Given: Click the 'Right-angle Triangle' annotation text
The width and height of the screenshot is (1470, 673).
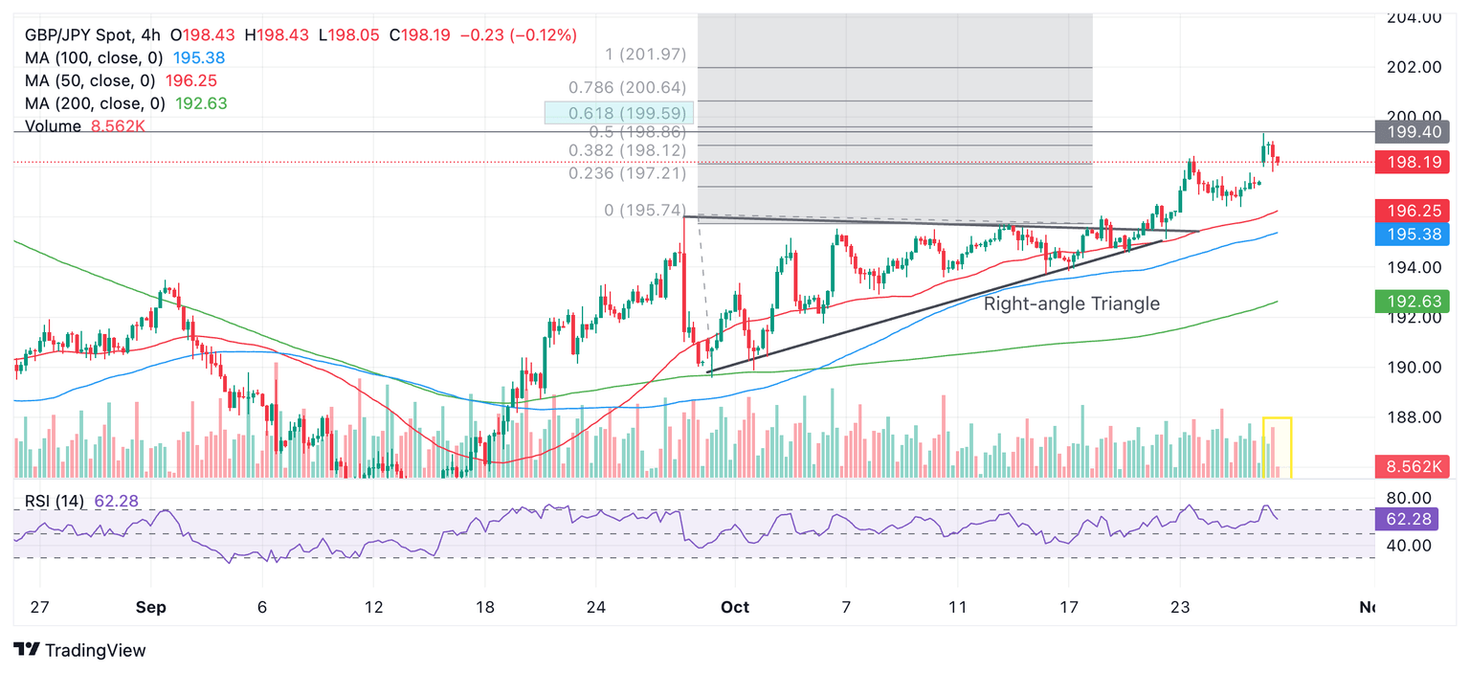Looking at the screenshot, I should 1072,303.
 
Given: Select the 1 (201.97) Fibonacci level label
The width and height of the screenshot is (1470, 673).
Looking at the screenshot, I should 645,55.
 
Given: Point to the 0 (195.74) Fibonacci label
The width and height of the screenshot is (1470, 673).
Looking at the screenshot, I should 645,210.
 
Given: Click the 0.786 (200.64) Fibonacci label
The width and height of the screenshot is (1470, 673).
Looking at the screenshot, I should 627,88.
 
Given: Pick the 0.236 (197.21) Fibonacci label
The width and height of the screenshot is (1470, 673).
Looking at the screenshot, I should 627,173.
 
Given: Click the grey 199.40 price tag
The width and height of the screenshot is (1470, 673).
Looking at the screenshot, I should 1412,132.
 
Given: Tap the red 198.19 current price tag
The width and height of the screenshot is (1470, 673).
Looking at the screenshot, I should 1412,162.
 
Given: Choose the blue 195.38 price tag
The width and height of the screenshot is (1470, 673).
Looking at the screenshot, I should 1412,234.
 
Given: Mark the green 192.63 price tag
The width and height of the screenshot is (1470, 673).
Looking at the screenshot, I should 1412,303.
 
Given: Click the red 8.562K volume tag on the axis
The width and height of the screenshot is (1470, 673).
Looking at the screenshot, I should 1412,467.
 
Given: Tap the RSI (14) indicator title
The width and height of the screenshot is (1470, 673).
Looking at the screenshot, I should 56,501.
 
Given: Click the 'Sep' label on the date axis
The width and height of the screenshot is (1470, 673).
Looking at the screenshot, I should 150,607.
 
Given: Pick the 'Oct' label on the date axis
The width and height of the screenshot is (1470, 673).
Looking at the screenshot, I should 735,607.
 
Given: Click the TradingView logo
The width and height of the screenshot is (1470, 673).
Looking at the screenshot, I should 81,651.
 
